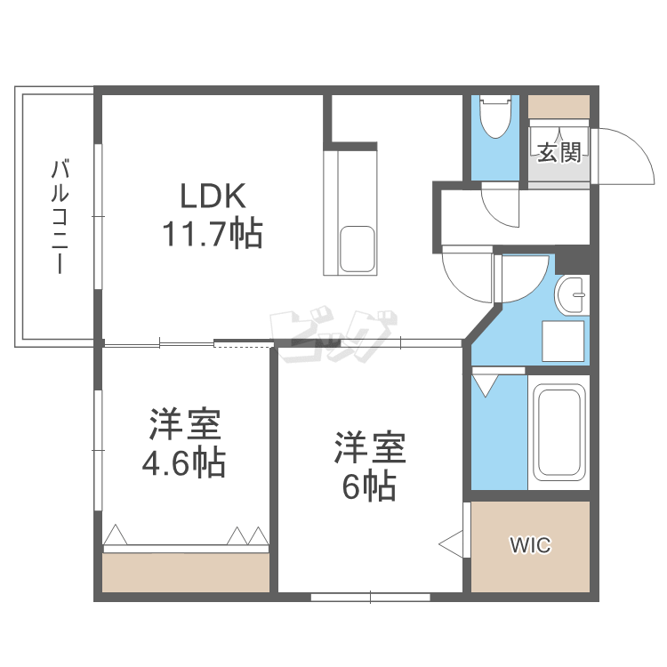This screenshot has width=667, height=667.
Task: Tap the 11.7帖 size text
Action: click(x=212, y=234)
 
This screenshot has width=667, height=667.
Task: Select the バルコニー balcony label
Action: click(x=60, y=216)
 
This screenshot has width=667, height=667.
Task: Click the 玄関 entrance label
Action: click(x=559, y=152)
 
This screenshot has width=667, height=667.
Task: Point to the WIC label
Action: click(x=530, y=545)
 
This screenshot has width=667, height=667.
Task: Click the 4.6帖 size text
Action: click(x=184, y=462)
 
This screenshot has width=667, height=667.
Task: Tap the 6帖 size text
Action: click(x=369, y=486)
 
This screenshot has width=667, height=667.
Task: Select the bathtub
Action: click(x=559, y=431)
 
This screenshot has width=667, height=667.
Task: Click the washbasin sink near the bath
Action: click(x=573, y=293)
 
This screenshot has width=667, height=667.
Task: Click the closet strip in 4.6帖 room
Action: click(x=185, y=571)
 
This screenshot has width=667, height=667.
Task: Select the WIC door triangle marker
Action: click(x=452, y=542)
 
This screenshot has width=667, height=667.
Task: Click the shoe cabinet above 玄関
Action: click(x=559, y=106)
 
